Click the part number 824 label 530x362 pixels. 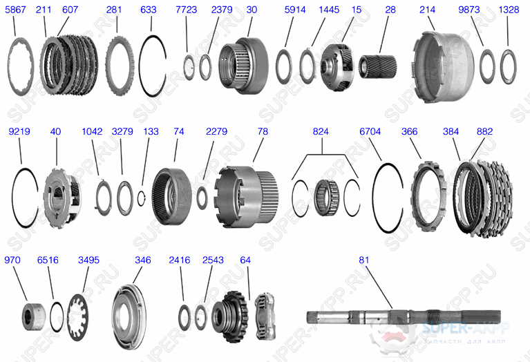(321, 131)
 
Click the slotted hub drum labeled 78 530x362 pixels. (246, 197)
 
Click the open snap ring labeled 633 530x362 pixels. (158, 66)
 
